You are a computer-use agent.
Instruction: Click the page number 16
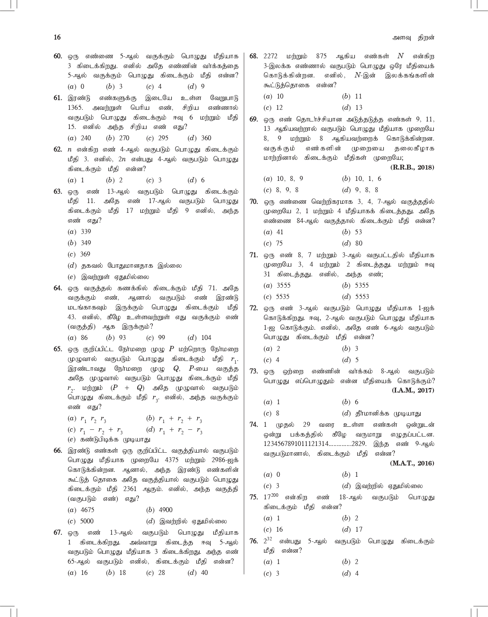pyautogui.click(x=57, y=37)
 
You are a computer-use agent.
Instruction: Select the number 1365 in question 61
pyautogui.click(x=75, y=108)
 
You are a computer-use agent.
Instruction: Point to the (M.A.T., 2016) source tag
pyautogui.click(x=412, y=463)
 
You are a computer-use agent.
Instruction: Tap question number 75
pyautogui.click(x=253, y=497)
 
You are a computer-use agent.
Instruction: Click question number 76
pyautogui.click(x=253, y=541)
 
